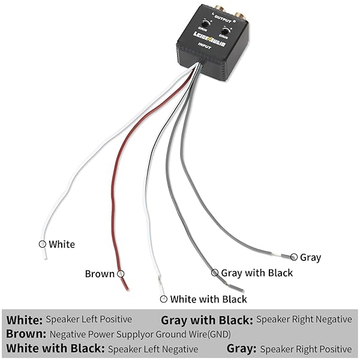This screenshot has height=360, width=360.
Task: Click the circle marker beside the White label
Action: tap(42, 244)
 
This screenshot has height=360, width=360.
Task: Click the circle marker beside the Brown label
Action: tap(121, 274)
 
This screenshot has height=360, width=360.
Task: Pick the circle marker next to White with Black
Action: tap(163, 298)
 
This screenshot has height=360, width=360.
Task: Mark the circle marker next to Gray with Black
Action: tap(215, 272)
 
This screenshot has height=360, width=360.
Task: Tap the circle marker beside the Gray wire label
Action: tap(294, 257)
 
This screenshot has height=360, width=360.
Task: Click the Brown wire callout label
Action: tap(100, 274)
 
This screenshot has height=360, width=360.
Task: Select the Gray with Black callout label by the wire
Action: tap(257, 272)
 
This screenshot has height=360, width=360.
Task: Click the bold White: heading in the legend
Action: tap(25, 320)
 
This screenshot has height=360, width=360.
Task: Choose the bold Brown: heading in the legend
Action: tap(26, 334)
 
